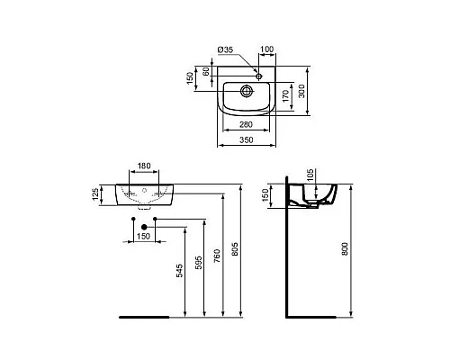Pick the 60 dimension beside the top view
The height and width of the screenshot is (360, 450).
tap(205, 73)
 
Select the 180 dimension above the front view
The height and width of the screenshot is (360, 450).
tap(145, 167)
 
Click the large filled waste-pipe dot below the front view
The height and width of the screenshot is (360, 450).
tap(134, 220)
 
